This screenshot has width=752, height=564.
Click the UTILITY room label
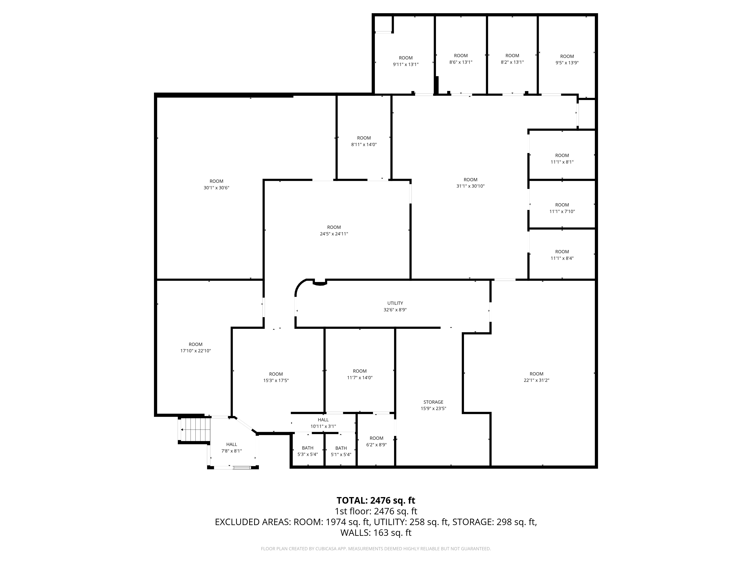coord(395,303)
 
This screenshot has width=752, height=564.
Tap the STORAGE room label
coord(434,402)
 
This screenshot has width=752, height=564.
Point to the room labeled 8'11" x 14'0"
coord(364,141)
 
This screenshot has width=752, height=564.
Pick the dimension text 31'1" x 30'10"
coord(471,186)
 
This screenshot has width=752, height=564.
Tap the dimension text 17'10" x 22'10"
coord(196,351)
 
